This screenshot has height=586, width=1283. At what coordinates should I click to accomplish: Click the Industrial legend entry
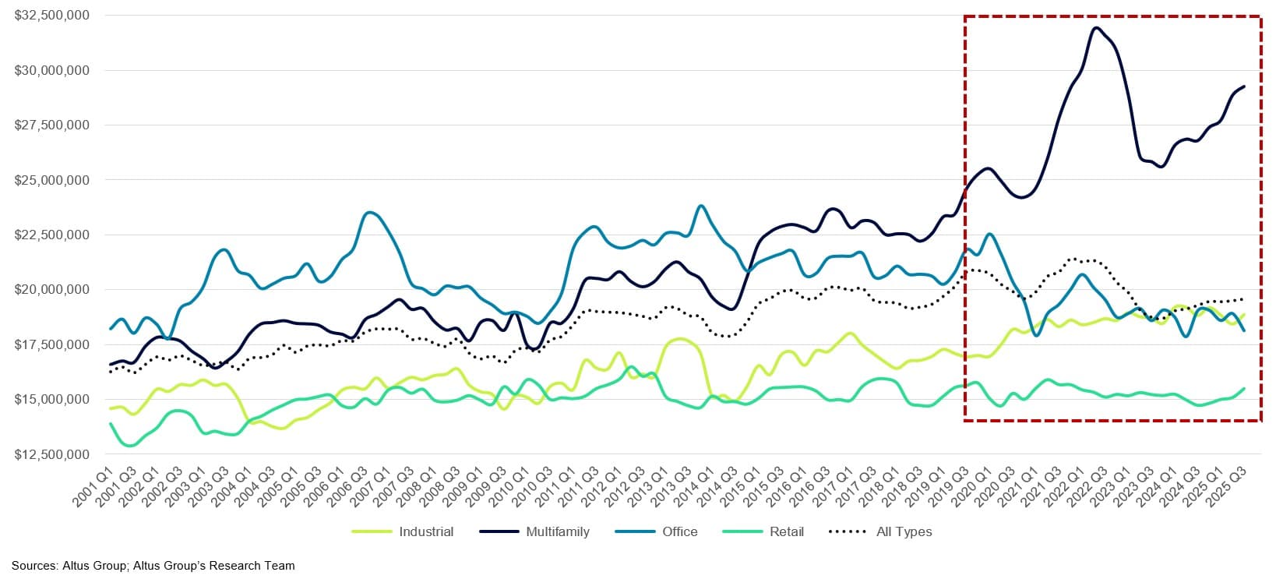pyautogui.click(x=425, y=531)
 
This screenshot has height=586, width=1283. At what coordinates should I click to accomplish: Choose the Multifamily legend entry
pyautogui.click(x=557, y=531)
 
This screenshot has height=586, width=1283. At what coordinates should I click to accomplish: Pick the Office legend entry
pyautogui.click(x=679, y=531)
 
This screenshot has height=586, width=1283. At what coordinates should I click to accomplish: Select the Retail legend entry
pyautogui.click(x=786, y=531)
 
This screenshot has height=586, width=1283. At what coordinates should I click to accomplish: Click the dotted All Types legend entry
pyautogui.click(x=904, y=531)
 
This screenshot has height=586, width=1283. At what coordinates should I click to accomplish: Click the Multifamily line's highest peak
pyautogui.click(x=1097, y=28)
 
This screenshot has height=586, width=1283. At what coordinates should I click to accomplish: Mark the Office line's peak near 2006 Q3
pyautogui.click(x=371, y=212)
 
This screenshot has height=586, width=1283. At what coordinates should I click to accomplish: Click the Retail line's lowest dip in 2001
pyautogui.click(x=129, y=446)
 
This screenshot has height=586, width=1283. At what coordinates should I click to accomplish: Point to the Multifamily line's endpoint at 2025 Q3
pyautogui.click(x=1243, y=86)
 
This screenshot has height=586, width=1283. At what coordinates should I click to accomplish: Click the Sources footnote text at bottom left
pyautogui.click(x=153, y=566)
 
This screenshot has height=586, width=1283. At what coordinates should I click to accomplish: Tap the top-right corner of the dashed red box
pyautogui.click(x=1260, y=16)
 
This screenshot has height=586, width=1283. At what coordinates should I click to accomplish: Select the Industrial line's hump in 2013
pyautogui.click(x=680, y=339)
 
